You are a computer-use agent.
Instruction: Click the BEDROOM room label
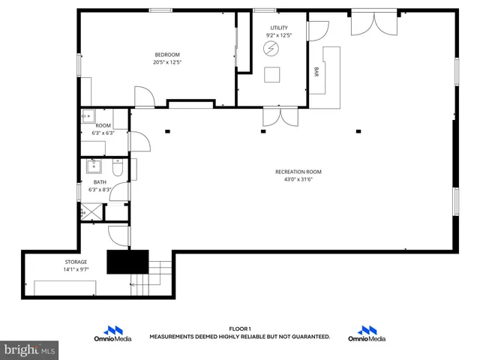[167, 54]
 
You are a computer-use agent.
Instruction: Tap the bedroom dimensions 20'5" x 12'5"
[167, 62]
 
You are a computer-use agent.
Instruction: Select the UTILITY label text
[278, 28]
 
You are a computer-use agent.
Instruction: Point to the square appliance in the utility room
[272, 73]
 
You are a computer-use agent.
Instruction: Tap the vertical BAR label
[316, 72]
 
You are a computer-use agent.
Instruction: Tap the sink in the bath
[95, 166]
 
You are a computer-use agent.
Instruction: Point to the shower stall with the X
[89, 212]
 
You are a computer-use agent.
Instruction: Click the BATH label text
[100, 182]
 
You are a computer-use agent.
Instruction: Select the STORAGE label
[76, 262]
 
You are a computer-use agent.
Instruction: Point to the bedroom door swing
[144, 97]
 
